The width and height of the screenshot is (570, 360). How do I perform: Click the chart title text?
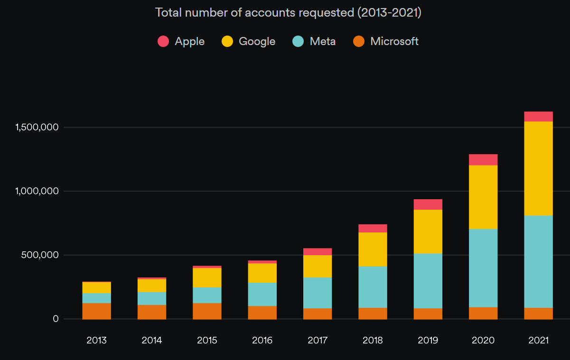click(288, 12)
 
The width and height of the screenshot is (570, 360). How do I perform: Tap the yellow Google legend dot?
click(227, 41)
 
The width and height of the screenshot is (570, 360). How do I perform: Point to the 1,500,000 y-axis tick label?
click(37, 127)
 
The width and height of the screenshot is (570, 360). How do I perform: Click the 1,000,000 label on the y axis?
click(37, 191)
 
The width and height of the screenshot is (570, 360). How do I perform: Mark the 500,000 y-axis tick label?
click(39, 255)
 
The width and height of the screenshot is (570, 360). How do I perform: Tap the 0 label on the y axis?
click(56, 319)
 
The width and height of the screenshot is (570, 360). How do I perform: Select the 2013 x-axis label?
click(96, 340)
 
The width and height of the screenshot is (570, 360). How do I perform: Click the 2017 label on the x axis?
click(318, 340)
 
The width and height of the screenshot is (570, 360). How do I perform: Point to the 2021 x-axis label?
click(538, 340)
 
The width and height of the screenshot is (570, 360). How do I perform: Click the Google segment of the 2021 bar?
click(538, 168)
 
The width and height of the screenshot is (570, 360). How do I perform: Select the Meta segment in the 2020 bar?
click(483, 268)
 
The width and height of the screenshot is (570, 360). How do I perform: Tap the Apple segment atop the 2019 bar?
click(428, 204)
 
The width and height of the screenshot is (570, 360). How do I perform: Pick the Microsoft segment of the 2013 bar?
click(96, 311)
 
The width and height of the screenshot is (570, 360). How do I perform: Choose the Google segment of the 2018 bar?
click(373, 249)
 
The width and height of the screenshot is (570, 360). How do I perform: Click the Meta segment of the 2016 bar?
click(262, 294)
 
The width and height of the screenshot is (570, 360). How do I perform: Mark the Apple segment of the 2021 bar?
click(538, 117)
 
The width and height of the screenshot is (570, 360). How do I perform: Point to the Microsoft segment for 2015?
click(207, 311)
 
